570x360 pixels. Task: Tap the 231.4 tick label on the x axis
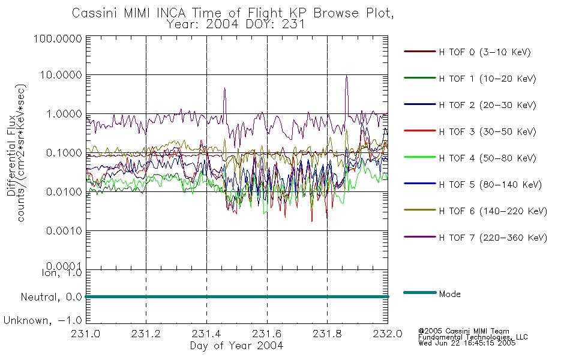tap(206, 334)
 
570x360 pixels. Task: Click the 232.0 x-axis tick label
tap(388, 334)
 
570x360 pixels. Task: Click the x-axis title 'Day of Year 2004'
tap(236, 346)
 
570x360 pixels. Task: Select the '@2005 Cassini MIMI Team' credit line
tap(464, 331)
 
